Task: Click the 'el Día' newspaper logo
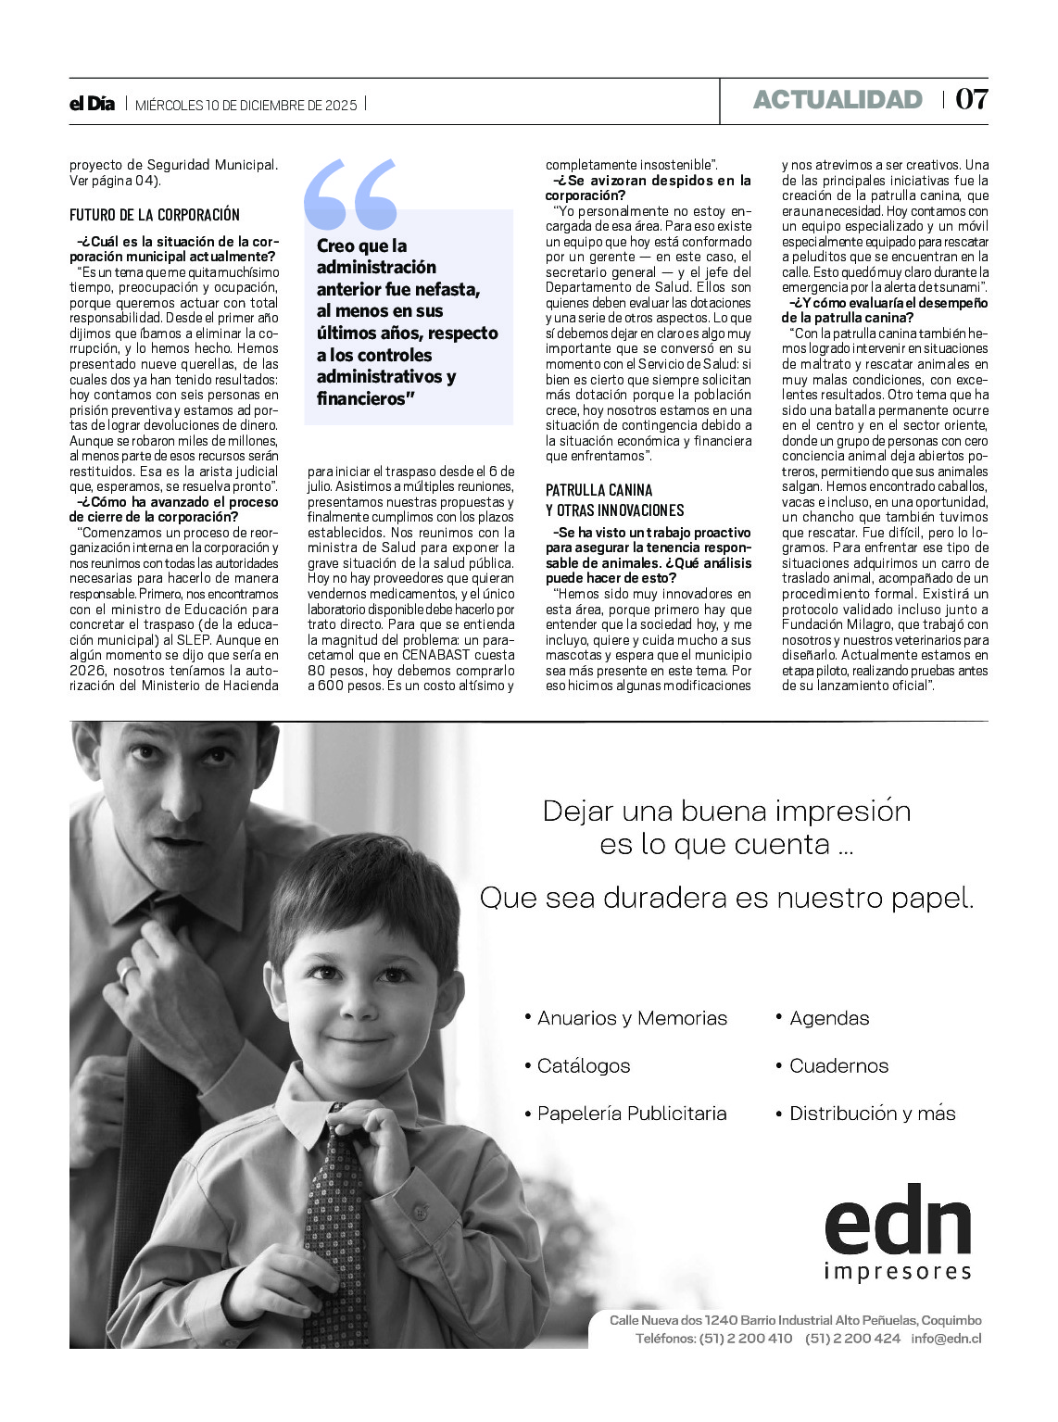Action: pyautogui.click(x=92, y=104)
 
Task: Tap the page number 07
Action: pyautogui.click(x=972, y=99)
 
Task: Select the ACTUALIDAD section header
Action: pyautogui.click(x=838, y=100)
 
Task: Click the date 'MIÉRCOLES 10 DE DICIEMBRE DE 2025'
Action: pyautogui.click(x=246, y=105)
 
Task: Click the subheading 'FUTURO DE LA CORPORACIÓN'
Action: pyautogui.click(x=155, y=215)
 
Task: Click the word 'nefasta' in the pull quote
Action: pyautogui.click(x=448, y=289)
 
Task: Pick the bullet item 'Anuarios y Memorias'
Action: pyautogui.click(x=632, y=1018)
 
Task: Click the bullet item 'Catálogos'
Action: pyautogui.click(x=584, y=1065)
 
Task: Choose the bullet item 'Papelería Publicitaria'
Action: pyautogui.click(x=632, y=1114)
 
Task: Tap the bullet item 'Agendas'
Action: pyautogui.click(x=829, y=1018)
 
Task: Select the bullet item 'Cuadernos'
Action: pyautogui.click(x=838, y=1065)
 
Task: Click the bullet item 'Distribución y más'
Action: pyautogui.click(x=872, y=1114)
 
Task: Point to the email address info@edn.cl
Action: pyautogui.click(x=946, y=1338)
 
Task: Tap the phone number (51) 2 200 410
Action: pyautogui.click(x=746, y=1338)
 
